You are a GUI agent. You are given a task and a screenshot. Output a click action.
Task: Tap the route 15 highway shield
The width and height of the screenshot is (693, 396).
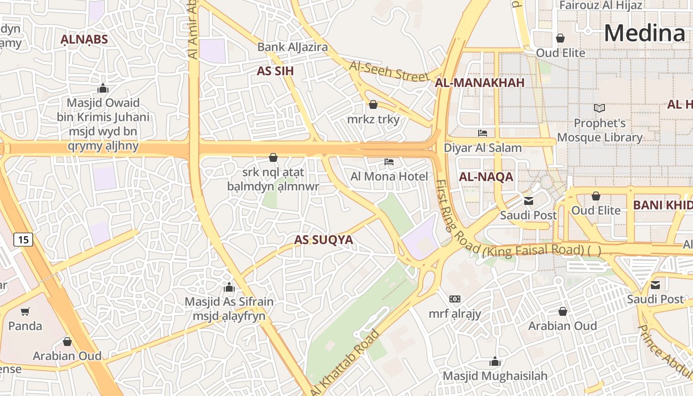tap(23, 240)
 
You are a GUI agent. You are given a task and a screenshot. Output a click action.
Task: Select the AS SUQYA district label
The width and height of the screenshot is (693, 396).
tap(323, 240)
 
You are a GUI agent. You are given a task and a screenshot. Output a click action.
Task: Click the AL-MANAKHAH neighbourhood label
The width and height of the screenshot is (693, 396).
tap(479, 83)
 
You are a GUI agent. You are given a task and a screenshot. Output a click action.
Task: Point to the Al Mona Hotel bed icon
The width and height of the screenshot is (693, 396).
tap(389, 162)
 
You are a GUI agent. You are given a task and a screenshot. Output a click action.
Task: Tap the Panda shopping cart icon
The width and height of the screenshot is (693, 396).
tap(25, 311)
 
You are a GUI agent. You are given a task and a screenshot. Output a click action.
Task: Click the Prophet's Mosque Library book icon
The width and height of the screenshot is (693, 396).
tap(599, 108)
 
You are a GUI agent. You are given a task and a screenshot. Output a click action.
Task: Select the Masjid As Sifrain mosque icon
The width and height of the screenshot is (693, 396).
tap(229, 287)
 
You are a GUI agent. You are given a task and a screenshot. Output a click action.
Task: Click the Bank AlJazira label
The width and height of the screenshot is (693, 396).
tap(293, 47)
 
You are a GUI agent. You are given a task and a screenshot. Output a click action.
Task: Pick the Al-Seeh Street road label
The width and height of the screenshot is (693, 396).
tap(389, 71)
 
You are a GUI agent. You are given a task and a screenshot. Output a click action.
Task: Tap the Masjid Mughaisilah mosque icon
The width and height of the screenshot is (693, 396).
tap(495, 361)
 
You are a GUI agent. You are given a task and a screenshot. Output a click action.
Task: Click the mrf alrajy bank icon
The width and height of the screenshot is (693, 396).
tap(454, 299)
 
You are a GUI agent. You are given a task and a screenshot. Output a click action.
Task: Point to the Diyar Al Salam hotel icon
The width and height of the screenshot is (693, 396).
tap(482, 133)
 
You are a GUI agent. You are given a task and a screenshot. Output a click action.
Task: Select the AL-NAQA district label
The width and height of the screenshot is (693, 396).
tap(486, 177)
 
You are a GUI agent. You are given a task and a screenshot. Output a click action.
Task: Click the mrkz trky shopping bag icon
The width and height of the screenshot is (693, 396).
tap(373, 104)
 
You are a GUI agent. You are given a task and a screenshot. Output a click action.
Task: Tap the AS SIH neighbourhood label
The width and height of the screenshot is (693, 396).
tap(275, 71)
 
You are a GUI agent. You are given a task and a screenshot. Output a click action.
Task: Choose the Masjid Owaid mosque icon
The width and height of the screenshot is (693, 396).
tap(103, 89)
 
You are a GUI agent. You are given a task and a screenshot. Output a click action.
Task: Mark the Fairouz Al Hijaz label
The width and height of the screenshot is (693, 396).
tap(600, 5)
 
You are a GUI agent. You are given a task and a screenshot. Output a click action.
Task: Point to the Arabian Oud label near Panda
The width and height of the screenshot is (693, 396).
tap(67, 355)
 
